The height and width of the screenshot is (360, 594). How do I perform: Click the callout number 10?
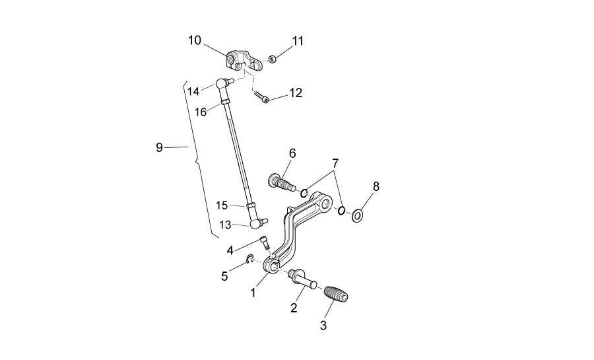tap(195, 40)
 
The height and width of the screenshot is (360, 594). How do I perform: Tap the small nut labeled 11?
tap(272, 59)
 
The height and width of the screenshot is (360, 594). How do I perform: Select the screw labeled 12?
tap(261, 97)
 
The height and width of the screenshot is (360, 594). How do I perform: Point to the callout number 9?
tap(159, 147)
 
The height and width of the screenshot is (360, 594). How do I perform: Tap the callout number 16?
tap(201, 112)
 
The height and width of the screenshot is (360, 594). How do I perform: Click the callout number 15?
tap(222, 205)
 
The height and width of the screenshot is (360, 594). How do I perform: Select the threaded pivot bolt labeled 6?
tap(281, 182)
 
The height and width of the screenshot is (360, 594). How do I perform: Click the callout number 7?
tap(335, 164)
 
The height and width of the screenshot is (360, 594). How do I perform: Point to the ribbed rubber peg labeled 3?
tap(336, 294)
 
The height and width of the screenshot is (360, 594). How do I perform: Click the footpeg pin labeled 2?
tap(303, 279)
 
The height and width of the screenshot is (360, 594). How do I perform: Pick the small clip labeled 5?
tap(250, 259)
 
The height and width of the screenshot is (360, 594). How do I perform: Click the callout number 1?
tap(253, 293)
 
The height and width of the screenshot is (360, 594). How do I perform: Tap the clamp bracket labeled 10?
tap(244, 61)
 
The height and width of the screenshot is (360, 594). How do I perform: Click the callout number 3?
tap(323, 325)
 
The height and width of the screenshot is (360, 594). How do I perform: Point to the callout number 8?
tap(376, 186)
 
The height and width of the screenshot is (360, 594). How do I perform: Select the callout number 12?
tap(296, 93)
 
